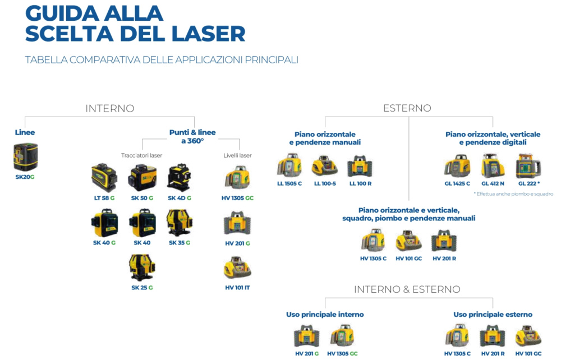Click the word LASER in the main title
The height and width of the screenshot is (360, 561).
coord(212,33)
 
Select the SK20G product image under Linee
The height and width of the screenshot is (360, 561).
coord(25,157)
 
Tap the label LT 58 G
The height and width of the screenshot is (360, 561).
coord(105,198)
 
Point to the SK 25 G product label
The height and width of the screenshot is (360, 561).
coord(142,288)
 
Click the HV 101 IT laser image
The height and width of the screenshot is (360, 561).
coord(237,269)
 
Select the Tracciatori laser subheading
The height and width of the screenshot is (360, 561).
coord(141,155)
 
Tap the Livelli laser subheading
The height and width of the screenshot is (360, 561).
coord(237,155)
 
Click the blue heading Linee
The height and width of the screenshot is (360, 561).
coord(25,133)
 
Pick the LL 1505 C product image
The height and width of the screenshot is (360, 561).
coord(289,165)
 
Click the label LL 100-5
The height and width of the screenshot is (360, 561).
coord(325,183)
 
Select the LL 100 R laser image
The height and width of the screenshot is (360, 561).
coord(360,166)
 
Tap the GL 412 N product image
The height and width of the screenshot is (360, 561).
coord(493,166)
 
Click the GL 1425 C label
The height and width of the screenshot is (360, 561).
coord(457,183)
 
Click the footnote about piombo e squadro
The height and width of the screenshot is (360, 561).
coord(513,194)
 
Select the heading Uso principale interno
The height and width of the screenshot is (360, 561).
coord(325,315)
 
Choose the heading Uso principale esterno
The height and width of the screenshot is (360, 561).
coord(493,315)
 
